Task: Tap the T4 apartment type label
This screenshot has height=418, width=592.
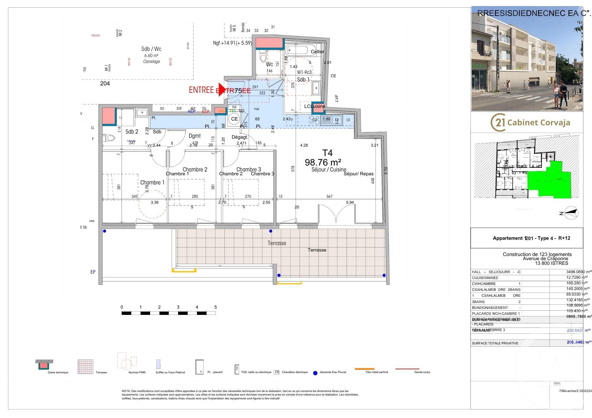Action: point(327,153)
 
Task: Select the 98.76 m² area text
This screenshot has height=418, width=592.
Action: point(323,162)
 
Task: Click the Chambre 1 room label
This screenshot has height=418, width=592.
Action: point(152,182)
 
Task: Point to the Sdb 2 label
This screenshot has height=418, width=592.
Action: point(132,132)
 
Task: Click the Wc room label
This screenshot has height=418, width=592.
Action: point(269,64)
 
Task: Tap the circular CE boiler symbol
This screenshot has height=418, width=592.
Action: point(234,119)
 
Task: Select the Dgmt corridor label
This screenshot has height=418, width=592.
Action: point(194,136)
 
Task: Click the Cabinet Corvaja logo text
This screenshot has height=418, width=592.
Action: point(538,122)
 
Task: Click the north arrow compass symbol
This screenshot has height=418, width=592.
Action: point(571,213)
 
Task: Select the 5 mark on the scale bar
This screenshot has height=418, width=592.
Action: point(215,307)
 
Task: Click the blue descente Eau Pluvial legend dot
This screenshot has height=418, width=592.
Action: point(315,373)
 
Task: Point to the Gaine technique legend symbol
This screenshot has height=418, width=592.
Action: point(44,365)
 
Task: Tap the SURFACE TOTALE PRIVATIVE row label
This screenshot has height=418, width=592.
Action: point(495,343)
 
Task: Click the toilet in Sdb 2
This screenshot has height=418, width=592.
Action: point(110,138)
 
